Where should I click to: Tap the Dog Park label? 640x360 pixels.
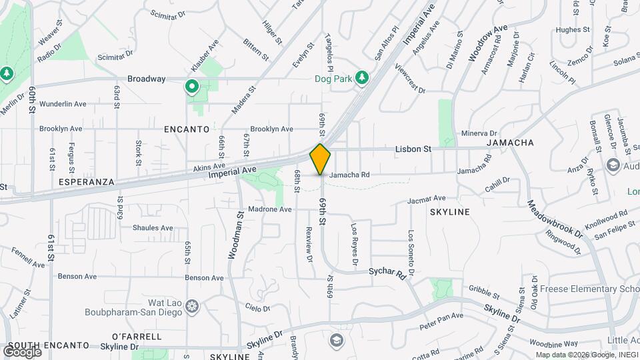pos(333,79)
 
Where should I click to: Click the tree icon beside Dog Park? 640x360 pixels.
pos(361,78)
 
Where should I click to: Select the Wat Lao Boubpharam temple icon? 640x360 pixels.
pos(192,306)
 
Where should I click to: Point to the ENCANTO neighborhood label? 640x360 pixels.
pos(187,129)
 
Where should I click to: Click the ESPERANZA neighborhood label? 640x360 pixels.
pos(86,181)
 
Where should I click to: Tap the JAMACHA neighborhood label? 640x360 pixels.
pos(510,143)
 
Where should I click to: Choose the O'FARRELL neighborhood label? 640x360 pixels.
pos(137,336)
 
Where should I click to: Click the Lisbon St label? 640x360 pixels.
pos(413,149)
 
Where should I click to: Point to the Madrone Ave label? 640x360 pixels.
pos(270,209)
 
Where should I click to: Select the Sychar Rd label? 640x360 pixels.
pos(387,273)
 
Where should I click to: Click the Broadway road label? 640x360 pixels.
pos(146,79)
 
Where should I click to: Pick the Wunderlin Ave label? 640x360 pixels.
pos(63,104)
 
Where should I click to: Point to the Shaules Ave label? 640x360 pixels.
pos(153,228)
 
